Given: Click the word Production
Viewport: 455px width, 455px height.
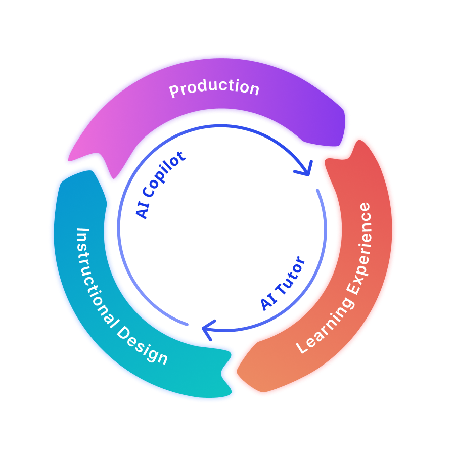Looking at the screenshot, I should click(x=214, y=88).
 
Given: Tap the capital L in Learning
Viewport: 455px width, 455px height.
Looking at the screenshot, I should click(x=302, y=347).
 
